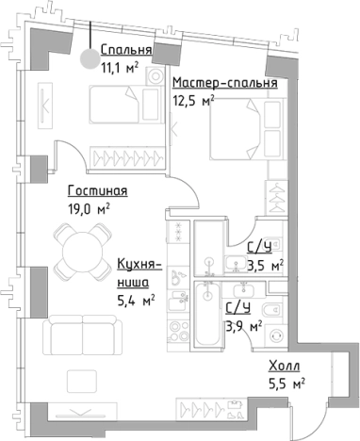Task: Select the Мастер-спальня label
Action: [x=224, y=82]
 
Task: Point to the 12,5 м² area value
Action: [x=193, y=99]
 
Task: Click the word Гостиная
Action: [x=98, y=191]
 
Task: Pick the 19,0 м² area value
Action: [x=90, y=209]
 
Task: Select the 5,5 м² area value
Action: [x=285, y=383]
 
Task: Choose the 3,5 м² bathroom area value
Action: [x=264, y=265]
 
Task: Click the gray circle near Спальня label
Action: [x=90, y=59]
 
